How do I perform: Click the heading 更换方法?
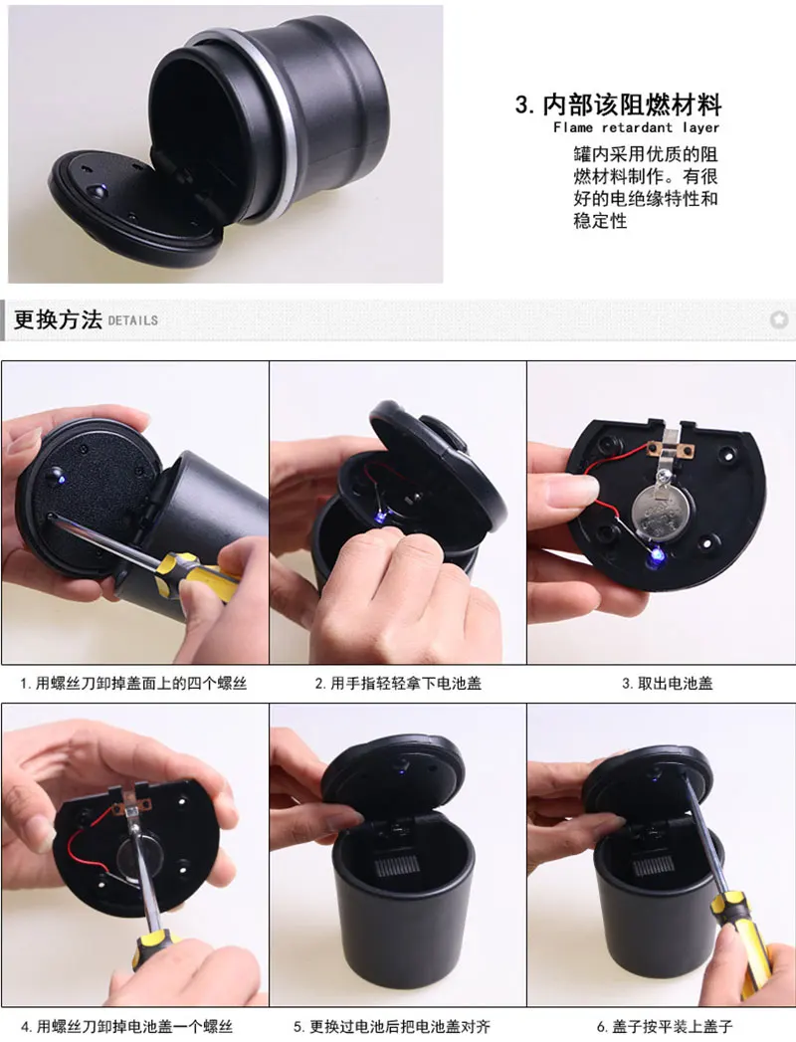tap(58, 319)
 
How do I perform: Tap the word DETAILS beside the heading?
tap(133, 320)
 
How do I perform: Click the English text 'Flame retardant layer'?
tap(636, 127)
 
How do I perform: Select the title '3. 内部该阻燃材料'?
tap(618, 104)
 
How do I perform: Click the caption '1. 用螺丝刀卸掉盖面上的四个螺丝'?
tap(133, 683)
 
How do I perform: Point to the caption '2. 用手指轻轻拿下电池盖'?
tap(398, 683)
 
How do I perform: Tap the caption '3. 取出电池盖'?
tap(667, 683)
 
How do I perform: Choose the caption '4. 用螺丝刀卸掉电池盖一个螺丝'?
tap(126, 1027)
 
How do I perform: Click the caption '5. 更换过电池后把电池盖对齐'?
tap(392, 1027)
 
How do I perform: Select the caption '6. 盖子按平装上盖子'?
tap(665, 1027)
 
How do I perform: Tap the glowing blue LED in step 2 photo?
tap(381, 516)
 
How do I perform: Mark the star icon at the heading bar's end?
tap(779, 319)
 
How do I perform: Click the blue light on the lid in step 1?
tap(60, 477)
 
